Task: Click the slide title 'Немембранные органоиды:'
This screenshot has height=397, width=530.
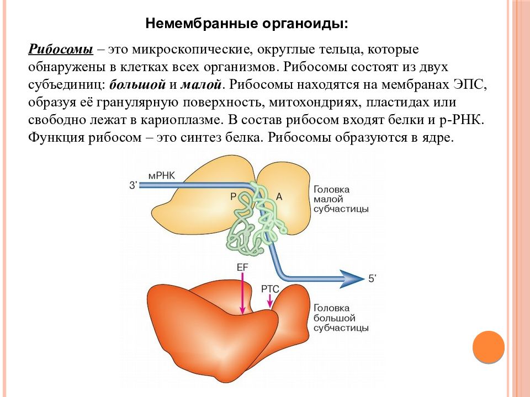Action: [246, 24]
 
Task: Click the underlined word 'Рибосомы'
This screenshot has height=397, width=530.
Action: [61, 49]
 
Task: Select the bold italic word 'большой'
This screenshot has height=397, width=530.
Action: [137, 84]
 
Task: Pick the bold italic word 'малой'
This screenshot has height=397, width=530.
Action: [201, 84]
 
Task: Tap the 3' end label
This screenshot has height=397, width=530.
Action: [134, 185]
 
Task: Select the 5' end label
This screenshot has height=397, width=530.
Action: [372, 278]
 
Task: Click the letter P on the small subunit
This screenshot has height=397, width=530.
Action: [233, 196]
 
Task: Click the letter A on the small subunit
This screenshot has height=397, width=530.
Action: [279, 196]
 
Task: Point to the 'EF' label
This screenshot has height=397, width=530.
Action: [242, 267]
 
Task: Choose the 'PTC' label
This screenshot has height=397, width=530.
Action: [270, 289]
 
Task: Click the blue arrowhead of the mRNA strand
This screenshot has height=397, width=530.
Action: [353, 279]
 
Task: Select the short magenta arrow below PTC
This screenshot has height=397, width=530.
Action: [270, 301]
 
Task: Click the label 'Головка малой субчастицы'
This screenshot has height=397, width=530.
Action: [341, 199]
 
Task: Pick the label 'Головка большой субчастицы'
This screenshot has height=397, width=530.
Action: [341, 318]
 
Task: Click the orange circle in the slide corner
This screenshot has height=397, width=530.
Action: [489, 347]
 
